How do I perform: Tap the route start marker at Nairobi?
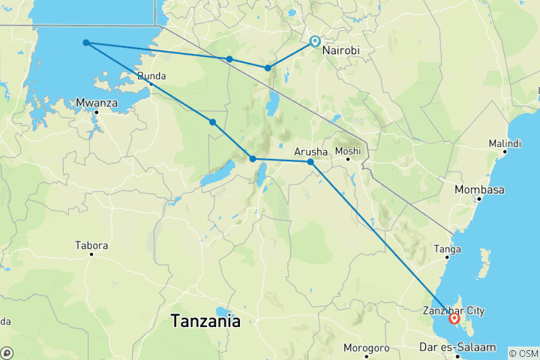click(314, 41)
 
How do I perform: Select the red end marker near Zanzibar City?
click(454, 318)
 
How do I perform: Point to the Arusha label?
click(311, 151)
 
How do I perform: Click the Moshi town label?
click(347, 151)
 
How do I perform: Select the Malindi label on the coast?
click(504, 142)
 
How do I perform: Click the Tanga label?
click(448, 249)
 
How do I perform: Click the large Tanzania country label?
click(205, 321)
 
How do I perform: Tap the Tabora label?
click(91, 245)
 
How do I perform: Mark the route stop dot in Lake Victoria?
click(86, 43)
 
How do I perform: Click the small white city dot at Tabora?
click(92, 254)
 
